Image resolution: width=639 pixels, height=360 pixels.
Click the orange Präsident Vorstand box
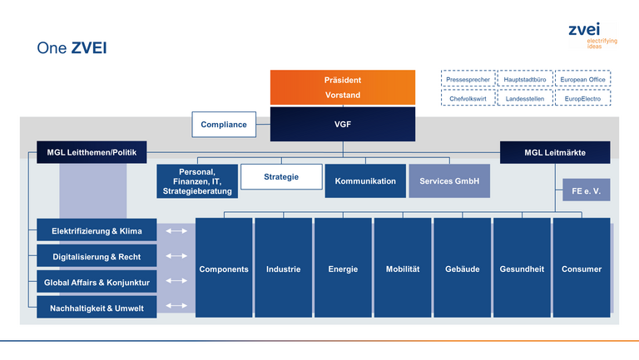coord(343,87)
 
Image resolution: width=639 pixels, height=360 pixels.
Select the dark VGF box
coord(343,124)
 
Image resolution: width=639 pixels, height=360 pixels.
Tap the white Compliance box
coord(224,124)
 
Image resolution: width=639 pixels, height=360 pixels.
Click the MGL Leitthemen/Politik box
coord(92,152)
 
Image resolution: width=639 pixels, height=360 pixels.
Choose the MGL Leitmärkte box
coord(555,152)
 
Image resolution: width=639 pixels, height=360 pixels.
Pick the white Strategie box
coord(281,177)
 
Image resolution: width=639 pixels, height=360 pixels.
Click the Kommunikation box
coord(365,181)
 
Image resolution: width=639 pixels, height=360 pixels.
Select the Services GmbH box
coord(449,181)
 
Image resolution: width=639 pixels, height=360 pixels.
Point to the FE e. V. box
coord(587,190)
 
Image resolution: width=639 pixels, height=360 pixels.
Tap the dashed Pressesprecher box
coord(468,79)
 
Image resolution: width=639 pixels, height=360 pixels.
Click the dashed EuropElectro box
coord(582,98)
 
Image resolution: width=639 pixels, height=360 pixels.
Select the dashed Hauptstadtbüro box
coord(525,79)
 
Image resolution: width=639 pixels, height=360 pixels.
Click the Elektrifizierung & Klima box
coord(97,230)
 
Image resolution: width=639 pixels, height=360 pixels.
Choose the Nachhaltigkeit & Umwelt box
coord(97,308)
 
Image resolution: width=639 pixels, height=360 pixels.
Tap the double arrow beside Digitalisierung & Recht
coord(176,256)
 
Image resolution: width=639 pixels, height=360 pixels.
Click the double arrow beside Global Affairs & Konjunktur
coord(176,280)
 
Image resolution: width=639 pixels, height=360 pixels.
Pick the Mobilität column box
coord(403,268)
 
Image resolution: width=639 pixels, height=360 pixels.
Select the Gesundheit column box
coord(522,268)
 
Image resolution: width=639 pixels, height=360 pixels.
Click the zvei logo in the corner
coord(593,36)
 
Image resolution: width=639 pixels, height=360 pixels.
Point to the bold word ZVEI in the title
coord(89,48)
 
